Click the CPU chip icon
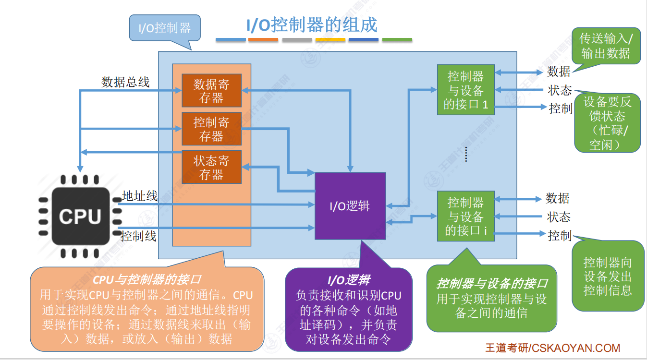tap(80, 216)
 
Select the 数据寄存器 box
tap(211, 91)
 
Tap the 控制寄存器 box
tap(211, 129)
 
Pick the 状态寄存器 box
tap(211, 167)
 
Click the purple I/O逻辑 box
tap(350, 206)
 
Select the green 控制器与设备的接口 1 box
tap(465, 90)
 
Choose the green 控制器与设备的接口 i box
tap(465, 216)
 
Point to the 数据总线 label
tap(125, 82)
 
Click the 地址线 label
tap(140, 195)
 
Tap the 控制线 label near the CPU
tap(138, 236)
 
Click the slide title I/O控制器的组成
tap(312, 25)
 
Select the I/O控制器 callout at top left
tap(165, 28)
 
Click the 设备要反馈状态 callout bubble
tap(607, 123)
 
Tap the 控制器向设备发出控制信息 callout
tap(608, 276)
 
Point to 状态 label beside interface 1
tap(560, 90)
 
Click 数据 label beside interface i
tap(558, 198)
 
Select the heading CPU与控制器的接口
tap(147, 279)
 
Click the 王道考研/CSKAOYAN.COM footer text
tap(552, 348)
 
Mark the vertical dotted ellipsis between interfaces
tap(466, 155)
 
